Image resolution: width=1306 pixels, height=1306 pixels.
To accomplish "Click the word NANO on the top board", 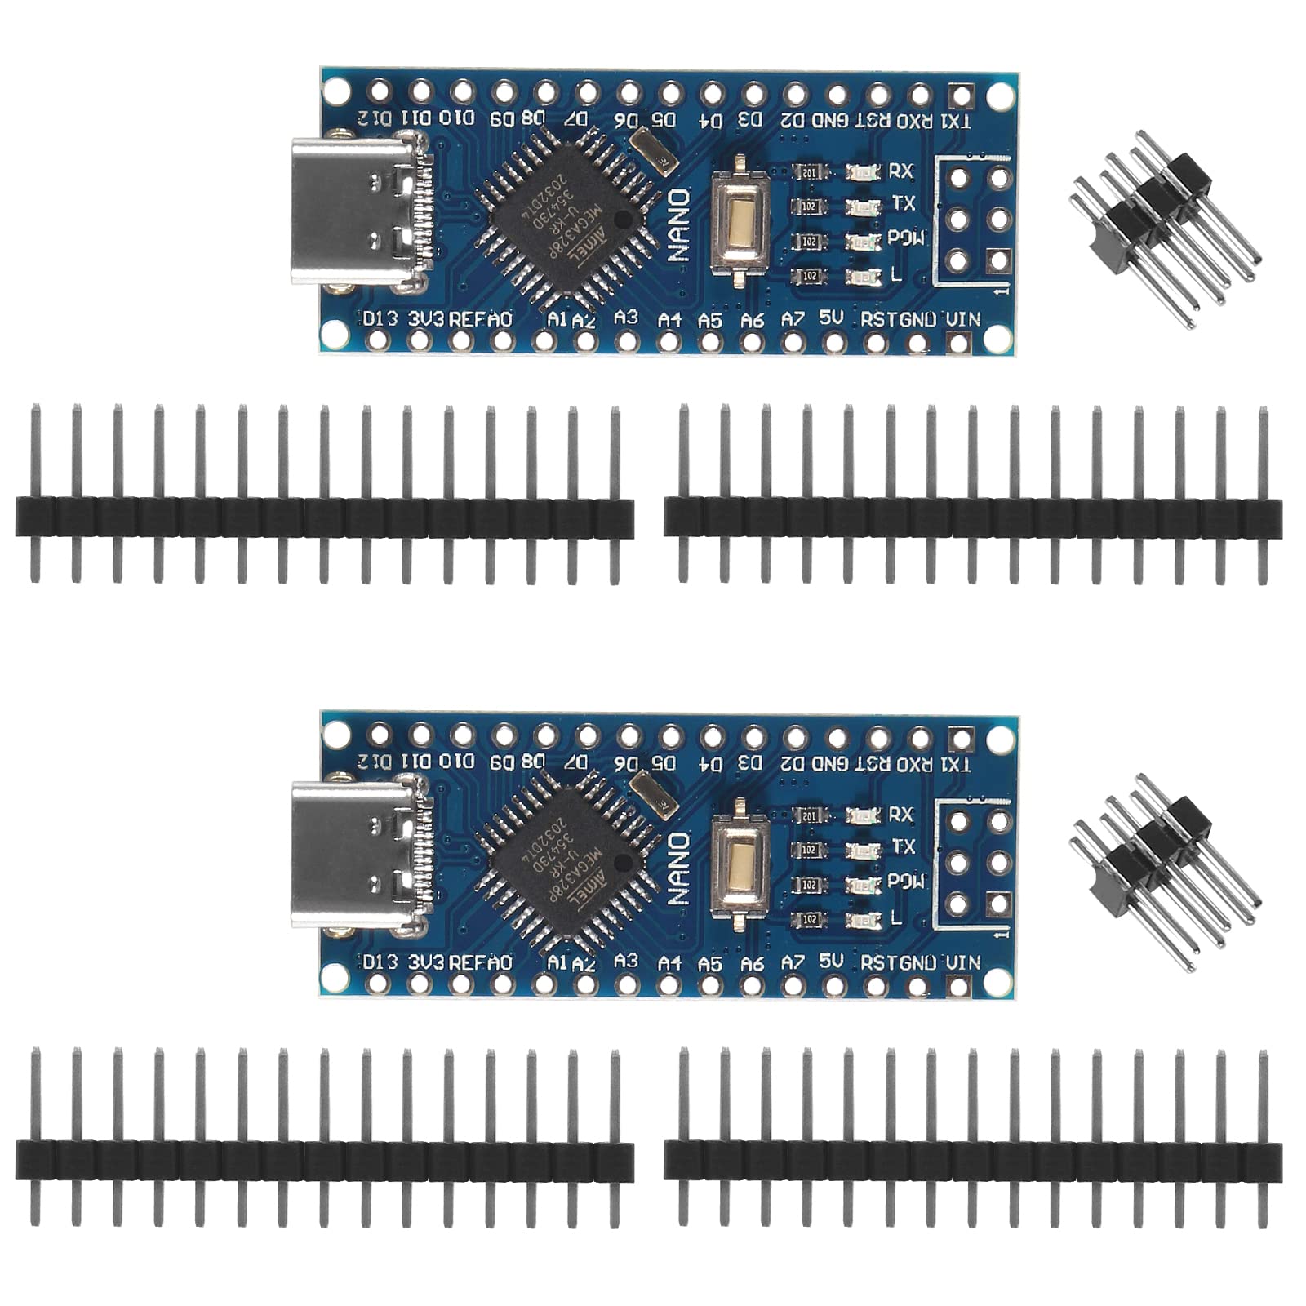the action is click(x=679, y=225).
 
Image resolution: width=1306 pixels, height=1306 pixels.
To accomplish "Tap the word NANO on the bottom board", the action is click(x=679, y=868).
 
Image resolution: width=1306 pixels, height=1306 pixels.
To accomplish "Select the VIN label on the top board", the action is click(x=963, y=318).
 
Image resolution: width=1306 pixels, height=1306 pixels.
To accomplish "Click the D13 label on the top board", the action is click(x=380, y=318).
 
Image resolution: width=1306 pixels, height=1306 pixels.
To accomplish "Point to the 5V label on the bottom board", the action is click(x=831, y=961).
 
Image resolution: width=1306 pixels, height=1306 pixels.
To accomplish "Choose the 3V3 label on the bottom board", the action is click(x=426, y=962).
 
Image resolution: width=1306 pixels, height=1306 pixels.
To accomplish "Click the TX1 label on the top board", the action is click(x=956, y=122).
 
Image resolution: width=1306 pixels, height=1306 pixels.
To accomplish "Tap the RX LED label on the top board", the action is click(x=900, y=171).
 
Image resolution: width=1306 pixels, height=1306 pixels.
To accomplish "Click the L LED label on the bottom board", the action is click(x=896, y=918).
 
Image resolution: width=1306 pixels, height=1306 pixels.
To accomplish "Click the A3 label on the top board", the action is click(x=626, y=317).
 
